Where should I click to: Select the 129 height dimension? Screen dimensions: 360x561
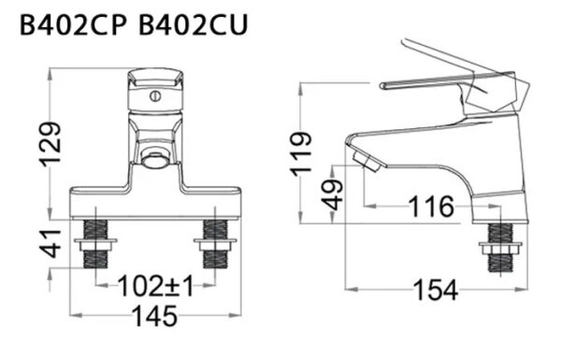[53, 143]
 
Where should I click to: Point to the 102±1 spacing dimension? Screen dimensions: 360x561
[155, 286]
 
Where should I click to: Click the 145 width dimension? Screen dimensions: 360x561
[155, 317]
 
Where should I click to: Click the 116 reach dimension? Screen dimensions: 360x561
[432, 205]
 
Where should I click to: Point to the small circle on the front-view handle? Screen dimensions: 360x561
[156, 94]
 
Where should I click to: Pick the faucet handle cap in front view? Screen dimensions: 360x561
[155, 90]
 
